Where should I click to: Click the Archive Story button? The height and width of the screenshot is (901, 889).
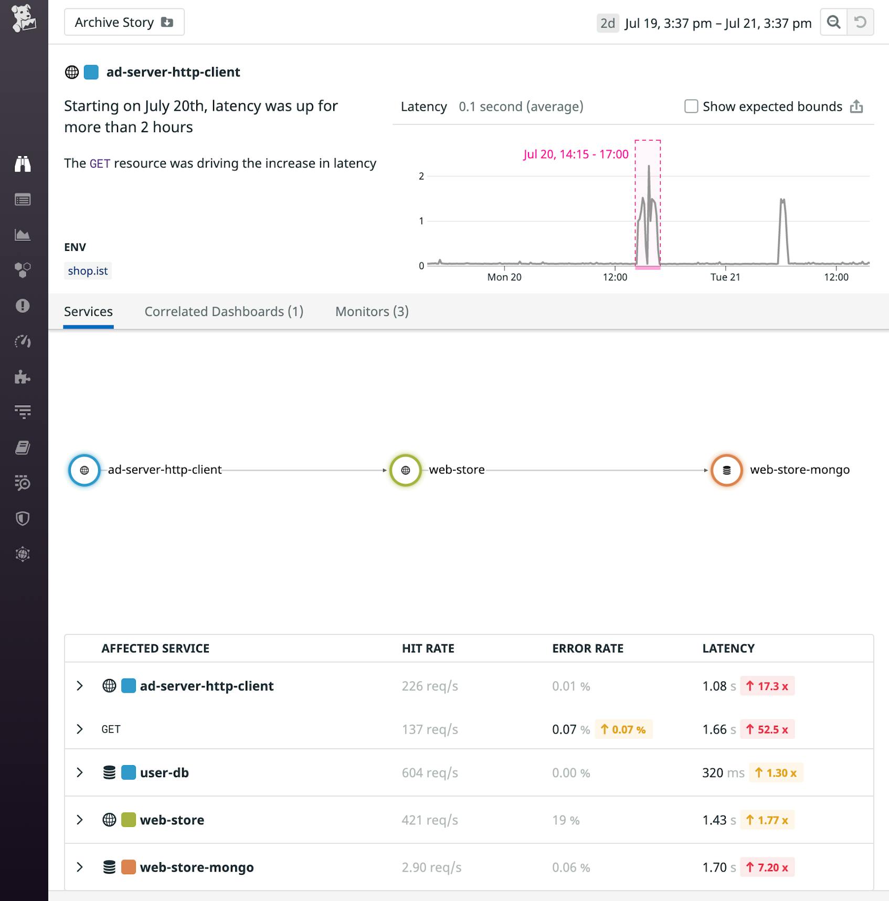pos(124,22)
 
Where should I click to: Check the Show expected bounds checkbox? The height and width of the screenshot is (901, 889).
pos(691,107)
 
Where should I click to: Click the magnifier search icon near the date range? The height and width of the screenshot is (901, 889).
pos(833,22)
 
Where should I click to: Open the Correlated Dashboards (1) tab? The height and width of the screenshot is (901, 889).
pos(224,312)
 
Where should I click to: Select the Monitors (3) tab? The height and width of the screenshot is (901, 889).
pos(372,312)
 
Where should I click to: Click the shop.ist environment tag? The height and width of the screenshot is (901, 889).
pos(88,271)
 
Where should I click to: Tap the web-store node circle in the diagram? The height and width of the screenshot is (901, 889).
pos(405,470)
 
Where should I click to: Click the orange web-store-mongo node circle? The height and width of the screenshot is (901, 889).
pos(726,470)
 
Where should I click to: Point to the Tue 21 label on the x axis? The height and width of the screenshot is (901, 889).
pos(725,277)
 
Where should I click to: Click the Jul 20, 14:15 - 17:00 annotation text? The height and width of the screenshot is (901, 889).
pos(576,154)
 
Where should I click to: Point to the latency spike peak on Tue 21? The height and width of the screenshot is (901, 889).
pos(782,200)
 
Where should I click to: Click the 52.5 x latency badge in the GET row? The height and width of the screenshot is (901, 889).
pos(767,729)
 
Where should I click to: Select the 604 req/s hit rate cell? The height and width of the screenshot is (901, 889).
pos(430,772)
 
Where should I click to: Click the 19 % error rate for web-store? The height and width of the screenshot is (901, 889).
pos(566,820)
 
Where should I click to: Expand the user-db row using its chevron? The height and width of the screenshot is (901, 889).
pos(80,772)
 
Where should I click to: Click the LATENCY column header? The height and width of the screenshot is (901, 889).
pos(728,649)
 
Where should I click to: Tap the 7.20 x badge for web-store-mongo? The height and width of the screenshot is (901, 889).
pos(767,867)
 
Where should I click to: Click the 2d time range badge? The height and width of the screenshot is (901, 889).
pos(607,23)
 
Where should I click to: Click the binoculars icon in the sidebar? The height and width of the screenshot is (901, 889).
pos(23,164)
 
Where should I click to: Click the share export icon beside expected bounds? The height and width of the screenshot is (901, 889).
pos(856,107)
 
